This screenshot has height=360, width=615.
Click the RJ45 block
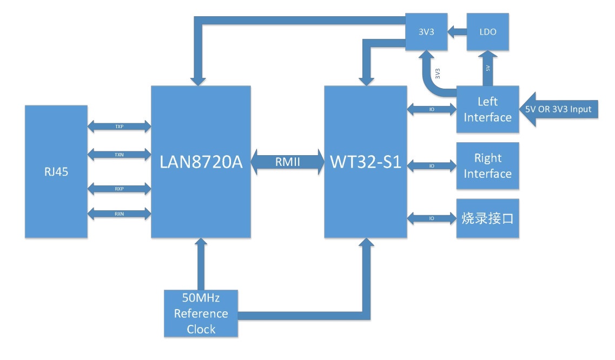click(x=56, y=171)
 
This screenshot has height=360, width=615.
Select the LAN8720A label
click(x=201, y=162)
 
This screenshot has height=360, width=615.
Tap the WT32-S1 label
click(x=365, y=162)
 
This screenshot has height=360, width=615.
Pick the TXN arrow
click(x=119, y=155)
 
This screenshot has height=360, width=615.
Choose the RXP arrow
click(x=119, y=189)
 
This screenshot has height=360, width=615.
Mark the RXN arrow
click(x=119, y=214)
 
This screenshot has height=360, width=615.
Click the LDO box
click(x=487, y=32)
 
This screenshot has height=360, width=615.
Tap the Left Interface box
click(x=487, y=109)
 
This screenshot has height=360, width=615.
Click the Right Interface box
click(x=487, y=165)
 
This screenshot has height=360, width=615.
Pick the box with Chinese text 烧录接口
click(x=487, y=218)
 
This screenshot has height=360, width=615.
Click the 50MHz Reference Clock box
click(x=201, y=314)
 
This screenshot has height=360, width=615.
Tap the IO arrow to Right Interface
click(x=432, y=165)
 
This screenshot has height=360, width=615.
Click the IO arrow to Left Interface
click(x=432, y=109)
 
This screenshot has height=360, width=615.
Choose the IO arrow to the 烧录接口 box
click(x=432, y=218)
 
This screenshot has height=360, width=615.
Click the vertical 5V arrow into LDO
click(x=487, y=68)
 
